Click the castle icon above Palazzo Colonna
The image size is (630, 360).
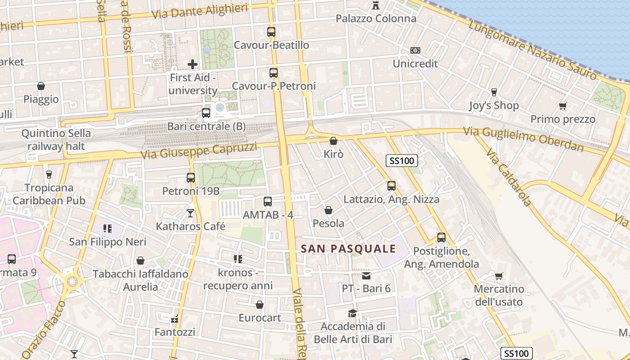point(376,5)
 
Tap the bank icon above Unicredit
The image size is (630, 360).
point(415,50)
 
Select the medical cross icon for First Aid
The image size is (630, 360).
point(193,64)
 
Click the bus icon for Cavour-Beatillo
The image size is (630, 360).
point(271,32)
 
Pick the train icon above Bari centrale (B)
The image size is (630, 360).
point(206,113)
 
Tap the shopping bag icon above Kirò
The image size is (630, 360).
point(333,141)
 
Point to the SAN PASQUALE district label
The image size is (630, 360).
point(348,249)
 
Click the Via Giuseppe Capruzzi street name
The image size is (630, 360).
point(198,151)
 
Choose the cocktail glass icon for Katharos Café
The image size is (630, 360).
point(190,213)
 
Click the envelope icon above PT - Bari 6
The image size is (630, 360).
point(366,275)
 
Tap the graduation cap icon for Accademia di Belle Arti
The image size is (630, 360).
point(352,313)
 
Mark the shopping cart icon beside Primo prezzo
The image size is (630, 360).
point(562,106)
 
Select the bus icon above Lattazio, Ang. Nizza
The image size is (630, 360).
point(391,185)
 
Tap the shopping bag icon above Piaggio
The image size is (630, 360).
point(41,86)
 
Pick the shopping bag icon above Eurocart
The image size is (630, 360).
point(260,305)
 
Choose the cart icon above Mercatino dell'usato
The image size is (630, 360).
point(499,276)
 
